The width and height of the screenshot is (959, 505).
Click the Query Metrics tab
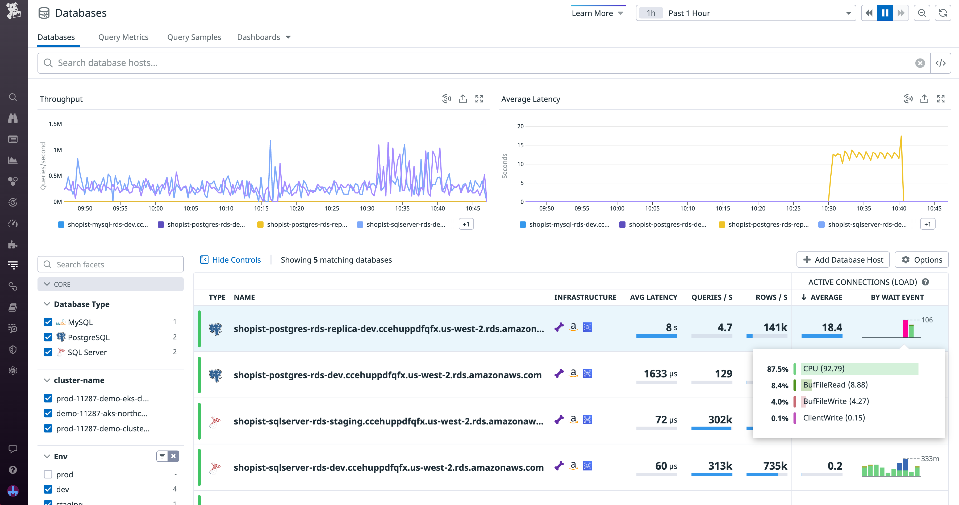tap(123, 37)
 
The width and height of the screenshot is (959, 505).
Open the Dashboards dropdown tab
tap(264, 37)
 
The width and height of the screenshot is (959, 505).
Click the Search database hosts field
tap(480, 63)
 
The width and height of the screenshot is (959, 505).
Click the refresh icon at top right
tap(943, 13)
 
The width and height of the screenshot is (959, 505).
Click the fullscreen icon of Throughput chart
tap(479, 99)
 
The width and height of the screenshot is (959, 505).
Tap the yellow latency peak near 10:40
tap(901, 137)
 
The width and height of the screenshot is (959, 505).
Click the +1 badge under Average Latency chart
tap(927, 224)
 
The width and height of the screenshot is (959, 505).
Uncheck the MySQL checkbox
tap(48, 322)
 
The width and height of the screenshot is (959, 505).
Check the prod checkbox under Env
tap(48, 474)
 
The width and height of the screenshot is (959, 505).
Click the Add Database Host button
tap(843, 260)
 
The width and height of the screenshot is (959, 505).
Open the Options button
tap(922, 260)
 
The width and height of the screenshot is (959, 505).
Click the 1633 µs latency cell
tap(660, 374)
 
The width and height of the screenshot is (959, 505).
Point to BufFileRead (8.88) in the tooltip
tap(835, 385)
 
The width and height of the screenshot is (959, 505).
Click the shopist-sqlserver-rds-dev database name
tap(388, 468)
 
